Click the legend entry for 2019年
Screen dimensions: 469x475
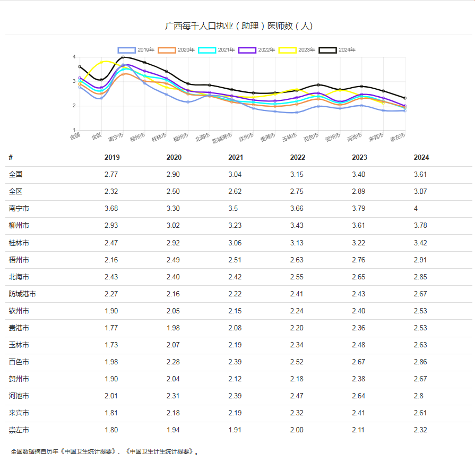[136, 50]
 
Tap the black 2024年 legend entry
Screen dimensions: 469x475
[338, 50]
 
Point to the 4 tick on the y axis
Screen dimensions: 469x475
[74, 57]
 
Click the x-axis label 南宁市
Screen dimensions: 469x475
[116, 138]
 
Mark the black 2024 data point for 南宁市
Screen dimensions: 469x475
[123, 57]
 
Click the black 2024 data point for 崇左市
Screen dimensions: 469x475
[405, 98]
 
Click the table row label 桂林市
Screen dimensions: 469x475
[19, 243]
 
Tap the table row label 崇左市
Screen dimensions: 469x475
[19, 430]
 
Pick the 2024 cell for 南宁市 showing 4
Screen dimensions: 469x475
[416, 209]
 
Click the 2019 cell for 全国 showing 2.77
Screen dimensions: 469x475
[111, 174]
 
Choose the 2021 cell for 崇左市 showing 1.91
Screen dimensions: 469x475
[236, 430]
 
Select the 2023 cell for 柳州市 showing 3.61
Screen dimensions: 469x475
[359, 226]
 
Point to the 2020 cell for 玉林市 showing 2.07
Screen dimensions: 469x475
[174, 345]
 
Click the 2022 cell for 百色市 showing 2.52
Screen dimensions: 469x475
[297, 362]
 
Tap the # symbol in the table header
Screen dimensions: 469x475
[11, 157]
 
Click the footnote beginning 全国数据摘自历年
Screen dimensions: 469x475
[106, 451]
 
